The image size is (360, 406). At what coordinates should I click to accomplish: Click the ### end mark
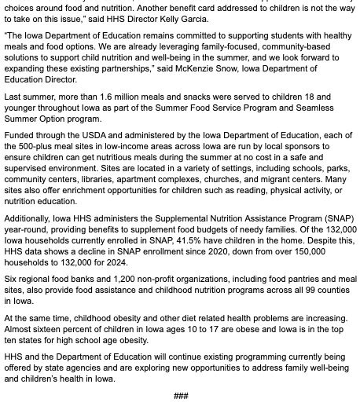pyautogui.click(x=180, y=395)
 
